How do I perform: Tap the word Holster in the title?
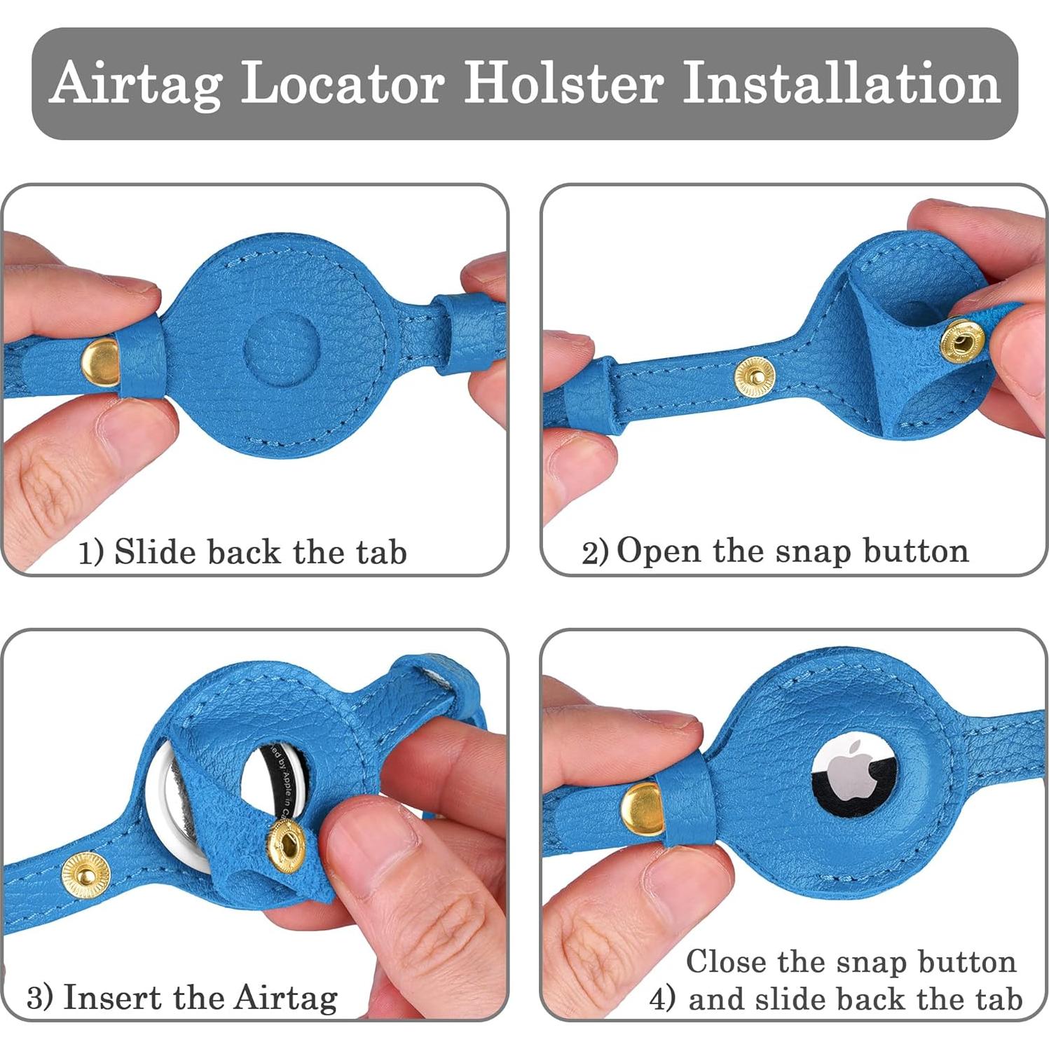click(x=564, y=83)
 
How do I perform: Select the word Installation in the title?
click(x=841, y=83)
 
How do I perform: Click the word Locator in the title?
click(x=343, y=83)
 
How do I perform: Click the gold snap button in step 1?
click(x=101, y=361)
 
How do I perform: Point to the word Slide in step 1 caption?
click(x=156, y=551)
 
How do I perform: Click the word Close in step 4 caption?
click(x=727, y=961)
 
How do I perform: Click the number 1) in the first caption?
click(x=90, y=553)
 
